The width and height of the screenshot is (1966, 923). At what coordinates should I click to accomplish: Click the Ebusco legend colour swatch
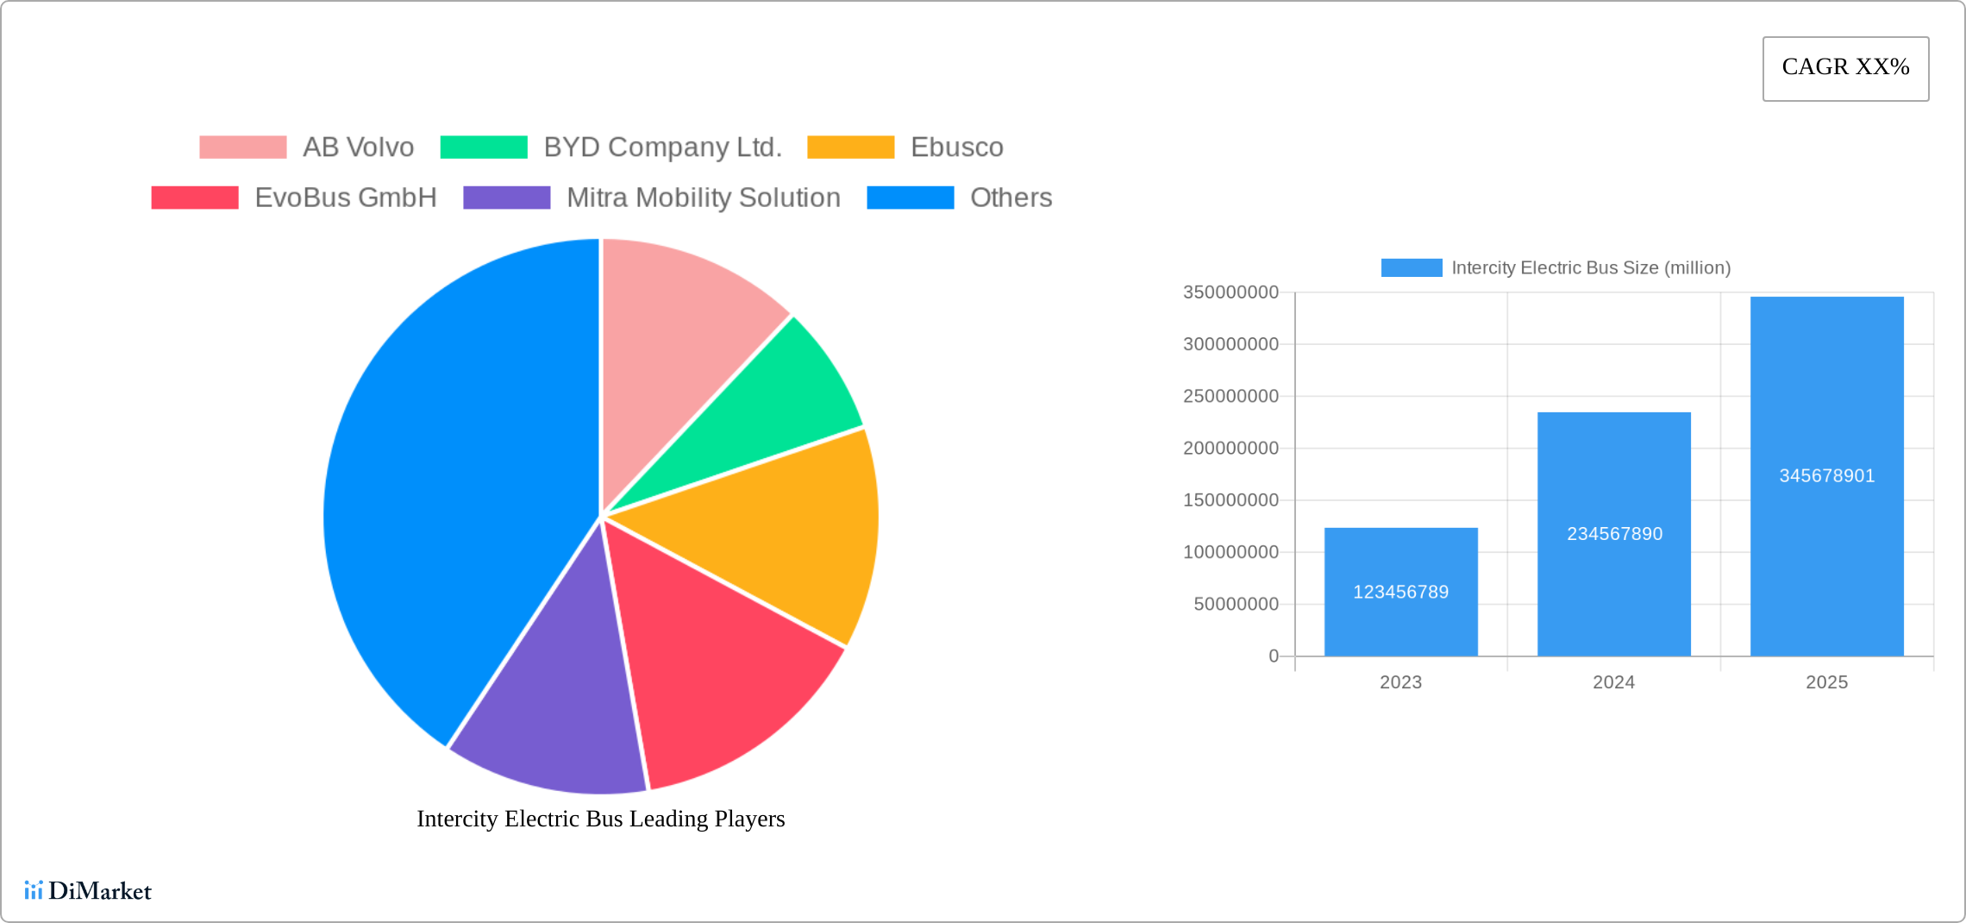click(850, 148)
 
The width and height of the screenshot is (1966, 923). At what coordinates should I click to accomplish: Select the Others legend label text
click(1011, 198)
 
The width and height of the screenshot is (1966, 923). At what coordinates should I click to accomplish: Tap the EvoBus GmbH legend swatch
click(195, 198)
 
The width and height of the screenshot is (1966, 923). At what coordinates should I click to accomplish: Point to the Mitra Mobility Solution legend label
click(703, 198)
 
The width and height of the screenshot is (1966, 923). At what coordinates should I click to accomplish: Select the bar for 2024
click(1613, 534)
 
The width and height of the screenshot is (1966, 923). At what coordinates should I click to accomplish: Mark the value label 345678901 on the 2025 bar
click(1826, 475)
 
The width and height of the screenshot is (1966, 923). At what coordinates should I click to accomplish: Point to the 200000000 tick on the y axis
click(1230, 449)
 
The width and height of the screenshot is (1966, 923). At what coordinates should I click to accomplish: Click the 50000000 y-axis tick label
click(1236, 604)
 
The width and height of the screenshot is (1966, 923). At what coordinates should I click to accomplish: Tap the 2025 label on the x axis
click(1826, 682)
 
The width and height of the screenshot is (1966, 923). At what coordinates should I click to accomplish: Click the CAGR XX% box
click(1845, 68)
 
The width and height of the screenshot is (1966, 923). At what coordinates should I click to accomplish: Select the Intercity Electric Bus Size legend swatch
click(1411, 267)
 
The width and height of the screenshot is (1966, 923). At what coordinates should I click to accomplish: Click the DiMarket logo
click(88, 890)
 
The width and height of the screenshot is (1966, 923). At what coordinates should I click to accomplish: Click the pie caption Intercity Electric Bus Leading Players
click(600, 819)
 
